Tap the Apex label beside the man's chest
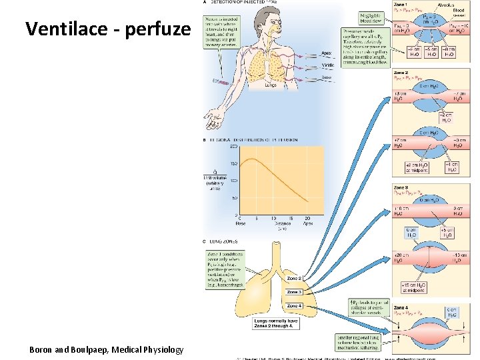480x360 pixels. (x=327, y=53)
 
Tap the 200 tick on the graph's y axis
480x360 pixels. (x=234, y=147)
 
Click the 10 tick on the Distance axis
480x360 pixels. (x=273, y=218)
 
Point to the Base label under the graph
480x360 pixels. (x=240, y=224)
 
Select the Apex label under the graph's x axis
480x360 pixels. (x=307, y=224)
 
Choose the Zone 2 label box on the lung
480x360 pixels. (x=294, y=278)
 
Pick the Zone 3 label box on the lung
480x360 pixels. (x=294, y=292)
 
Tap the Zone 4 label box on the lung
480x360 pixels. (x=294, y=306)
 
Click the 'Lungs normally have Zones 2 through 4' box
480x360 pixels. (x=275, y=323)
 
